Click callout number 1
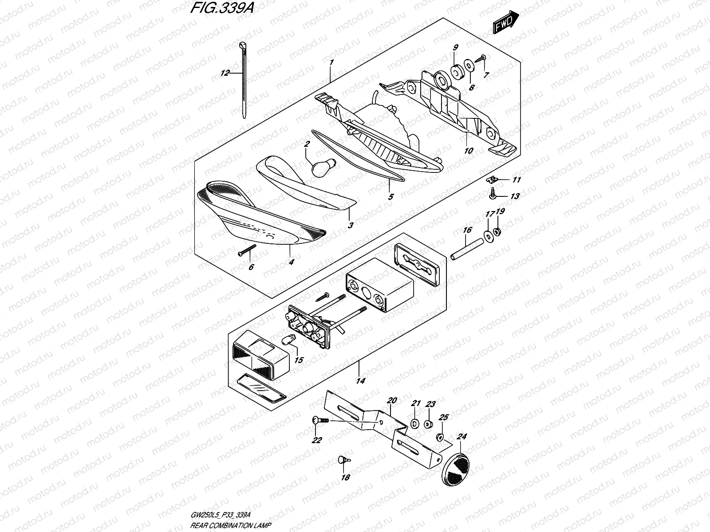pyautogui.click(x=331, y=63)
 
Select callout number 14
pyautogui.click(x=360, y=381)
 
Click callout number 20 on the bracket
pyautogui.click(x=391, y=400)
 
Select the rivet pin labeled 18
pyautogui.click(x=343, y=460)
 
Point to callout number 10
pyautogui.click(x=468, y=151)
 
